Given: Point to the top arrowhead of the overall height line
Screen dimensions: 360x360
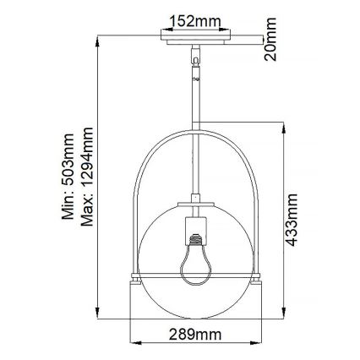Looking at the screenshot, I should tap(101, 39).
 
